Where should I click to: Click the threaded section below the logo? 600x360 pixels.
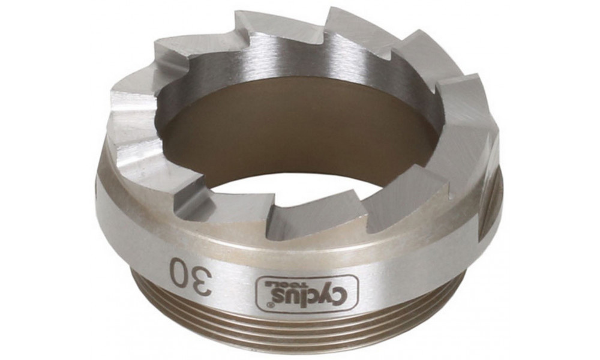pos(300,327)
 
